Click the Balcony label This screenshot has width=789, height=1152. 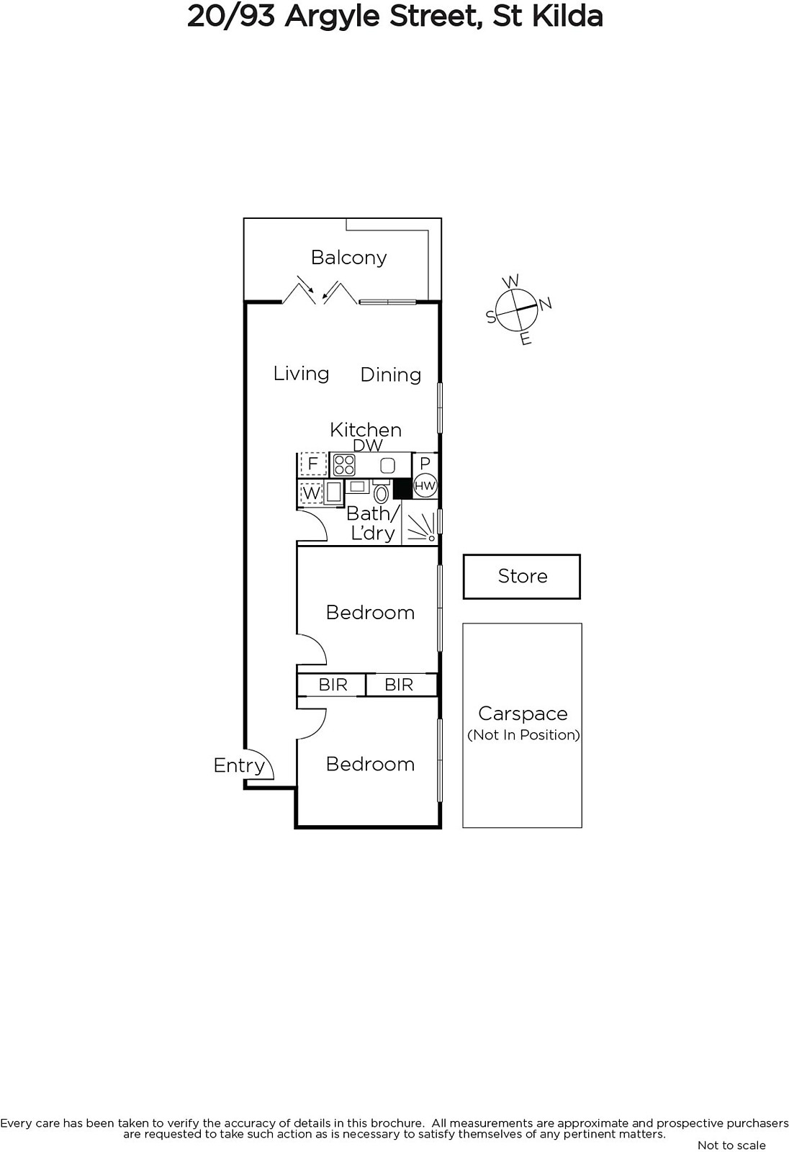348,258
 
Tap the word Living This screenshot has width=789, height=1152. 301,374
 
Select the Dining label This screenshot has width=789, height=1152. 390,375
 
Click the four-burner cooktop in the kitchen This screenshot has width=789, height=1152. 344,465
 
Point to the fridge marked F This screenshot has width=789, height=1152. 313,464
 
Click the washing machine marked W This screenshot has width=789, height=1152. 311,494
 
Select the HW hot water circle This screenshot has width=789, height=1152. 425,486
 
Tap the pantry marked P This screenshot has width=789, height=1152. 425,464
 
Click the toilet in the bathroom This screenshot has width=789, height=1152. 381,493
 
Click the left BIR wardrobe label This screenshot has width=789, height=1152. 333,685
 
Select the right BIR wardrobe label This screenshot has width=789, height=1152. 399,685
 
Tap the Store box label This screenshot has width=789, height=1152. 523,576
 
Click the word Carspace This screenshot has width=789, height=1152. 523,714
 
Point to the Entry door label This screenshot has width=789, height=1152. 239,765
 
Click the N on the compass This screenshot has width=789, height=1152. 545,304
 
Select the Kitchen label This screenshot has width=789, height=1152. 365,430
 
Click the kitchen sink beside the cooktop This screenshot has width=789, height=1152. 388,465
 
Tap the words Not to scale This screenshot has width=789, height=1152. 731,1145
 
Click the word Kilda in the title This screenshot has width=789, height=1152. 567,16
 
